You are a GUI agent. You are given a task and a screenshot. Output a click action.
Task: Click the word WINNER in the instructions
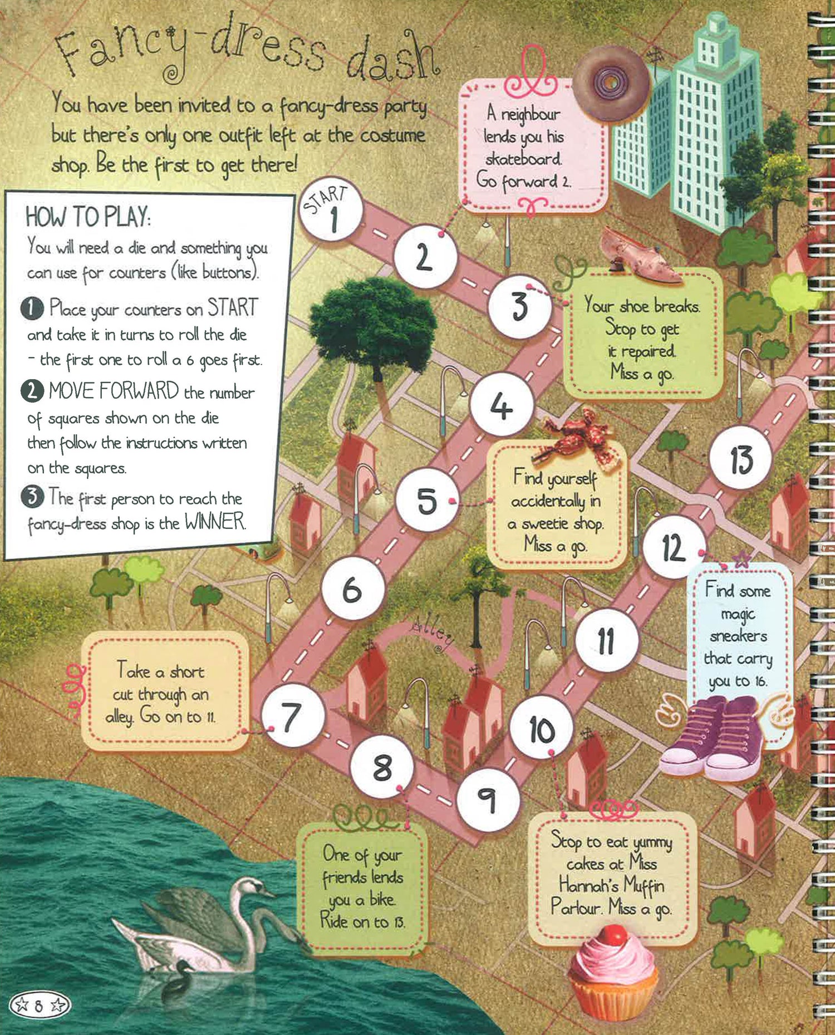coord(215,521)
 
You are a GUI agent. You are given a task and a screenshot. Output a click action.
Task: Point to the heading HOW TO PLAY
coord(87,216)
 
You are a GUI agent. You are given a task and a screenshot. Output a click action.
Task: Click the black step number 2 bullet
coord(32,390)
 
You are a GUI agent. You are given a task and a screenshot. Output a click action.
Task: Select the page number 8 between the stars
coord(38,1005)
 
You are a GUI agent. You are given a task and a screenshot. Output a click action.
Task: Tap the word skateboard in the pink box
coord(523,159)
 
